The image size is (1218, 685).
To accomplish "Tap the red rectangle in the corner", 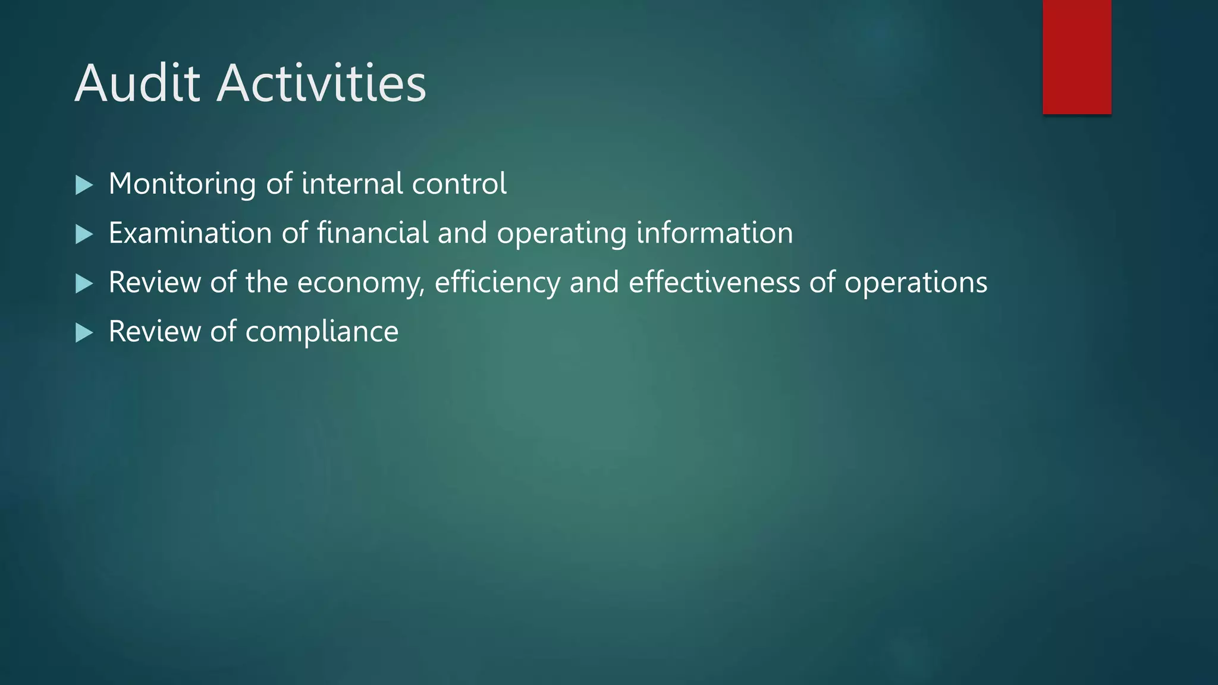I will point(1076,57).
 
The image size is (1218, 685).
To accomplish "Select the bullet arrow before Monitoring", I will point(84,185).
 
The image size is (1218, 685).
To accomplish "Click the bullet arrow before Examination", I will point(84,234).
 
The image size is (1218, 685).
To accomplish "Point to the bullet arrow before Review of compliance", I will point(84,333).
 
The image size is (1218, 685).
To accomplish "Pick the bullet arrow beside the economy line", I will point(84,284).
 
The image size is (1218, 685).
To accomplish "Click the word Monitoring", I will point(182,184).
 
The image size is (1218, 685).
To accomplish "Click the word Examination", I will point(190,232).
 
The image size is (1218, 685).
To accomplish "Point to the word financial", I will point(372,232).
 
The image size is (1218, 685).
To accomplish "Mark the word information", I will point(714,232).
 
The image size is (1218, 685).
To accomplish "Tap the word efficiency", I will point(497,283).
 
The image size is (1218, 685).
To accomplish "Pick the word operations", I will point(916,283).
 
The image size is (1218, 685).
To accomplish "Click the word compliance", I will point(322,332).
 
